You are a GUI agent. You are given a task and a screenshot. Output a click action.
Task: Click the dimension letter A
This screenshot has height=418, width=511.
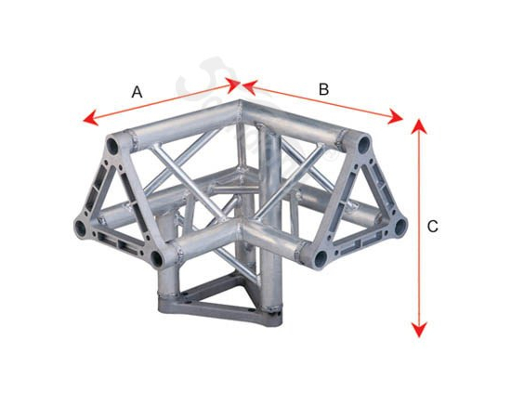(138, 92)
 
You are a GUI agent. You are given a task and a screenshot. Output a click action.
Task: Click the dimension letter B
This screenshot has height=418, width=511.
(323, 89)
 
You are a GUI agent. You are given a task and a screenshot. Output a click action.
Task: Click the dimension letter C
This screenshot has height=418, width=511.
(432, 227)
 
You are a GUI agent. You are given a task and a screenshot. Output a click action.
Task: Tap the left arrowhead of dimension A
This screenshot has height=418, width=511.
(90, 118)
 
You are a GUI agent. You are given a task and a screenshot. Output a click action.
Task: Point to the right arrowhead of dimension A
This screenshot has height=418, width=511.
(233, 85)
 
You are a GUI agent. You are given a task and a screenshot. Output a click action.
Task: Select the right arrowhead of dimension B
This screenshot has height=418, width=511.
(395, 116)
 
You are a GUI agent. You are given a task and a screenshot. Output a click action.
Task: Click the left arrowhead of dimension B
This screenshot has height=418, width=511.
(250, 87)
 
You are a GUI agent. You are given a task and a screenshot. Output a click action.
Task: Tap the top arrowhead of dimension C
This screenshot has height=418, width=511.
(419, 126)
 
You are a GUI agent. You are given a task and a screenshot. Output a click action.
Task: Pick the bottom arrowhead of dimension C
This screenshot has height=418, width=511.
(419, 330)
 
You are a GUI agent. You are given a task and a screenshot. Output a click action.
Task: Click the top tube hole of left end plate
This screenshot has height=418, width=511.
(112, 146)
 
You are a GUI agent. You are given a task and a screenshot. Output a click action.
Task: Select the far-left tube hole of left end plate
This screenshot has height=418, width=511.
(80, 229)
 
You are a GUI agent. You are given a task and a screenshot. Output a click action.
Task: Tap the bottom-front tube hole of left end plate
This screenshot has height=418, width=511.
(157, 258)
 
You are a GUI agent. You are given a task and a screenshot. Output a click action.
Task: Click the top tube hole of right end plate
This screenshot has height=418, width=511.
(364, 145)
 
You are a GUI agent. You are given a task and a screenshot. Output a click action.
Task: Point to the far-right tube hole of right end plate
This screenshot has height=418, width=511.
(400, 227)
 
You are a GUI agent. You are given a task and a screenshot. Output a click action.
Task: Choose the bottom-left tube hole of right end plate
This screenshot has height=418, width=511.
(321, 258)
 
